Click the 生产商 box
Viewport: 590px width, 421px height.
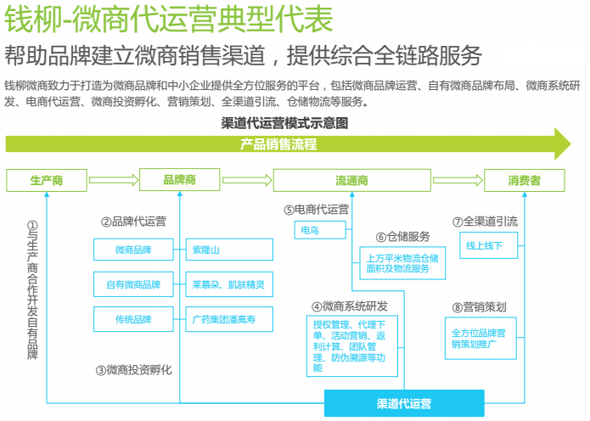click(47, 181)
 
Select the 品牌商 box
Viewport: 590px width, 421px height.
click(180, 180)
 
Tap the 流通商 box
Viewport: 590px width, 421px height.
click(351, 181)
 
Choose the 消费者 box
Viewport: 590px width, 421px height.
click(524, 181)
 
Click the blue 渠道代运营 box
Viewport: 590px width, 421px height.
click(404, 403)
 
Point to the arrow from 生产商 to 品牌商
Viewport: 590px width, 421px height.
click(114, 180)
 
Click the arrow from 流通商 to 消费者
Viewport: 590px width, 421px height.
click(458, 180)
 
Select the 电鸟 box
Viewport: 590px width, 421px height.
click(320, 230)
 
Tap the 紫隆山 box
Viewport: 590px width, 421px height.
click(229, 250)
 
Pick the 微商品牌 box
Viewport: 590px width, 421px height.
click(133, 250)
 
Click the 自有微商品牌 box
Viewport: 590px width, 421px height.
click(133, 284)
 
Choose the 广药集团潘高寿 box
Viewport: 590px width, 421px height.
click(229, 319)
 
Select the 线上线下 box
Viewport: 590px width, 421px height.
click(488, 245)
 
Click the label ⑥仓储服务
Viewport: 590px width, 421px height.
click(402, 237)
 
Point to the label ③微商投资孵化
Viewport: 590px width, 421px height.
click(133, 370)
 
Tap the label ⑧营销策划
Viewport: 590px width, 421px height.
click(479, 307)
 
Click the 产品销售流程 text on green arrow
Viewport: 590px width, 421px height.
click(278, 144)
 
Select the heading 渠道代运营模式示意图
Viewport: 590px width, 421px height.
click(284, 123)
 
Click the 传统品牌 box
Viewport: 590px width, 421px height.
click(133, 319)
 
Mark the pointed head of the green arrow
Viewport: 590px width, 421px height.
click(570, 144)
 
